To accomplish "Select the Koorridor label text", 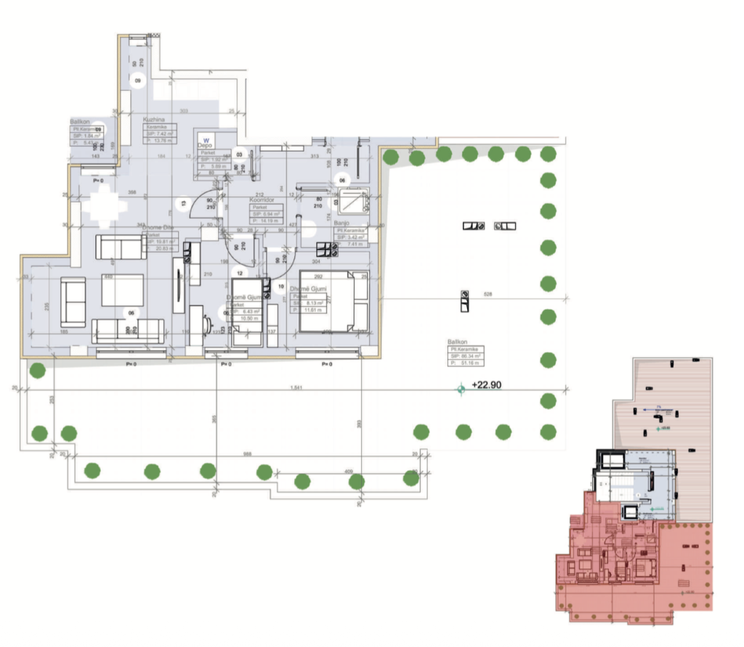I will click(x=261, y=198).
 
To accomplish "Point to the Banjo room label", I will click(x=342, y=223).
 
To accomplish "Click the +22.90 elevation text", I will click(x=488, y=386).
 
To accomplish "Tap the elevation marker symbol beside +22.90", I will click(x=460, y=390).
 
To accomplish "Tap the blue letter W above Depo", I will click(x=206, y=137).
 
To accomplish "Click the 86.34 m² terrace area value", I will click(x=469, y=357).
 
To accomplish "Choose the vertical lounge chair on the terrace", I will click(x=463, y=300).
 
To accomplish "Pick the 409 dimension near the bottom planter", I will click(x=349, y=473).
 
